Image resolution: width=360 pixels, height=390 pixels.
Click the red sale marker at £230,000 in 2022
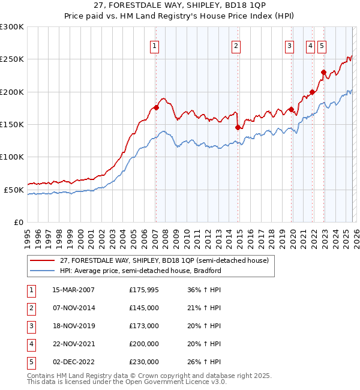[x=323, y=73]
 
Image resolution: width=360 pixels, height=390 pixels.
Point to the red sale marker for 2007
[x=156, y=108]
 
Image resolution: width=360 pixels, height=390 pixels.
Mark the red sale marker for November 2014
[x=238, y=128]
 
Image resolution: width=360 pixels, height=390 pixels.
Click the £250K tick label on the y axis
[x=12, y=59]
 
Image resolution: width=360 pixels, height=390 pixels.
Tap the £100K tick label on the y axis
[x=12, y=157]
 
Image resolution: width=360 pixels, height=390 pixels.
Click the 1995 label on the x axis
[x=28, y=235]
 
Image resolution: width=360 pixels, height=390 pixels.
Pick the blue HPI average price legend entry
[x=140, y=271]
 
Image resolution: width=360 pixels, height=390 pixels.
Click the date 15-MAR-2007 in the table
[x=73, y=290]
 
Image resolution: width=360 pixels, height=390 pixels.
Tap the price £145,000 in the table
[x=144, y=308]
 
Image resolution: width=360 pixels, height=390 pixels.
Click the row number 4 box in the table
[x=31, y=344]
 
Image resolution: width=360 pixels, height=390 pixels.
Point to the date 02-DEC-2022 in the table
[x=73, y=362]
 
